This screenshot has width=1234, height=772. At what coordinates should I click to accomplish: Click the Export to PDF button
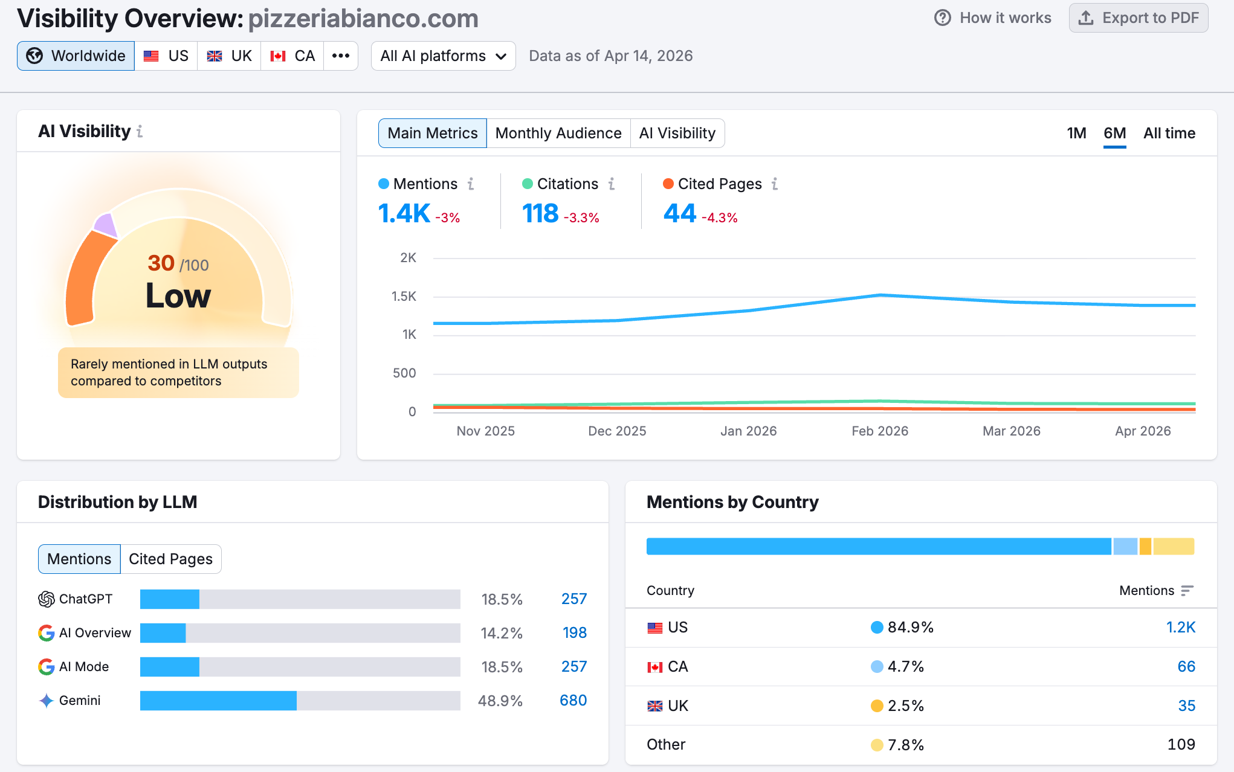coord(1138,18)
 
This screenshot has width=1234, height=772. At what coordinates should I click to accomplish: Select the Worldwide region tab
coord(76,56)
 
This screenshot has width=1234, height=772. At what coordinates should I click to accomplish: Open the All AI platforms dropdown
coord(443,56)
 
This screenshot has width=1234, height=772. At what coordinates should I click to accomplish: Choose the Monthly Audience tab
coord(558,133)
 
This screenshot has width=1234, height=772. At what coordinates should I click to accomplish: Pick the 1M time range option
coord(1076,133)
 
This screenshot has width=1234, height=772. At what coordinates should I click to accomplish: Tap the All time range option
coord(1169,133)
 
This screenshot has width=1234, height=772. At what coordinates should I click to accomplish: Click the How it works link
coord(993,18)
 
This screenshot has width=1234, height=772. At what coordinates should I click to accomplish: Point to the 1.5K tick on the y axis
coord(404,297)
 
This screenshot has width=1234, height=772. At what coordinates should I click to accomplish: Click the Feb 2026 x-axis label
coord(880,431)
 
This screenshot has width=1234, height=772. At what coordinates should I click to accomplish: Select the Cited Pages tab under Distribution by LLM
coord(170,559)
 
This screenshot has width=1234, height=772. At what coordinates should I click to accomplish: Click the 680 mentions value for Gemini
coord(573,701)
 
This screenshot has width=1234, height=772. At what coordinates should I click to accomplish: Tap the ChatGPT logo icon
coord(47,599)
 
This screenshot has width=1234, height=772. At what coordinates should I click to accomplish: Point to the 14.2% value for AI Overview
coord(502,633)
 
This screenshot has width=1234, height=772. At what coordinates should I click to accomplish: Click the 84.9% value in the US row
coord(910,628)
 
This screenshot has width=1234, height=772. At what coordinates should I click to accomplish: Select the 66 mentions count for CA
coord(1186,667)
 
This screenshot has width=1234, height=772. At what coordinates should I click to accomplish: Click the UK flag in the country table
coord(655,706)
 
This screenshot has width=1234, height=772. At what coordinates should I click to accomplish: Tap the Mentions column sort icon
coord(1187,591)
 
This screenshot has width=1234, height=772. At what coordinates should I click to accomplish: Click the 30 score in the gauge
coord(161,263)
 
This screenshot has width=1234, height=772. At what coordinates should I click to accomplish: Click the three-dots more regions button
coord(341,56)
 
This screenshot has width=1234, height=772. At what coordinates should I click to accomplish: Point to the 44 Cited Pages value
coord(680,214)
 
